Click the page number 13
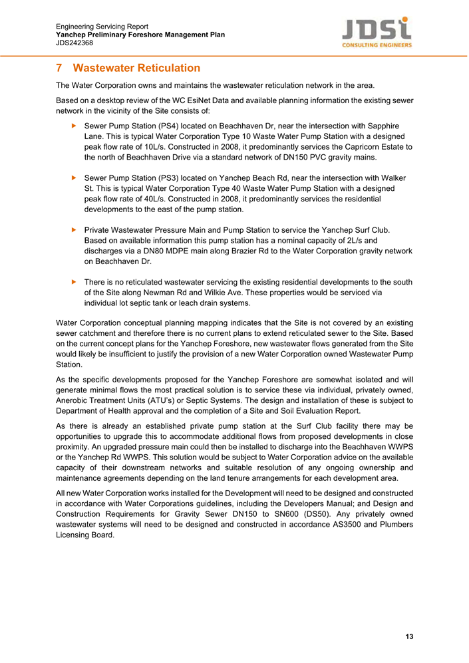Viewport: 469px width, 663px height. tap(409, 636)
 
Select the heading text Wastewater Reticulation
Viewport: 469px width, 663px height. tap(136, 68)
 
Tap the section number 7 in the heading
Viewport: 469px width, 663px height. tap(59, 68)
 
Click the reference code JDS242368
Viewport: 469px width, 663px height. tap(75, 43)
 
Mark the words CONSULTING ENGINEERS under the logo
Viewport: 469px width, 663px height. tap(377, 45)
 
